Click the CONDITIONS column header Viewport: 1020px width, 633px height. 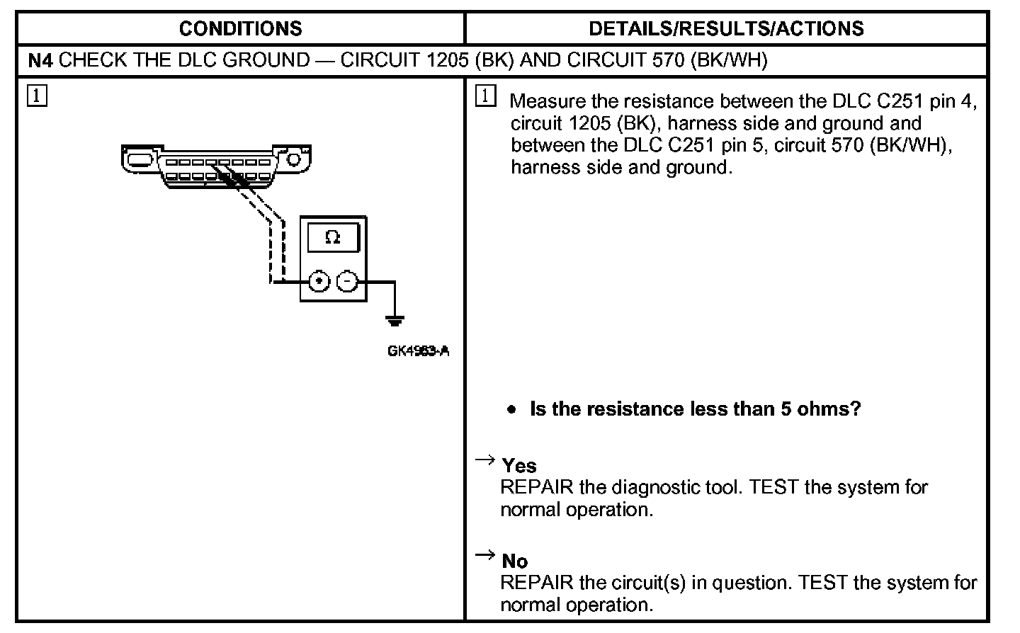(240, 29)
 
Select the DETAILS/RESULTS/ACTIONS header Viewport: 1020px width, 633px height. (726, 29)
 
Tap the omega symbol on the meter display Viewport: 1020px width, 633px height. (332, 238)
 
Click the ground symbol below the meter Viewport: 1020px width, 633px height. (395, 321)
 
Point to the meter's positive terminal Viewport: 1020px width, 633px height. (319, 282)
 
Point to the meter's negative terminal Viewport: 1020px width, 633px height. (346, 282)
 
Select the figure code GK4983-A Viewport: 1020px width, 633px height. (418, 350)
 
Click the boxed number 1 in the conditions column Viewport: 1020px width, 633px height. (38, 95)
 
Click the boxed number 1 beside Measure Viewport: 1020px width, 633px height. (485, 96)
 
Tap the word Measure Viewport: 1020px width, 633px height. (547, 102)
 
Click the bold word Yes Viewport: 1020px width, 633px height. (519, 466)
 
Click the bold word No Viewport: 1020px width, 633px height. (515, 561)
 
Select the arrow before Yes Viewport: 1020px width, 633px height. (484, 461)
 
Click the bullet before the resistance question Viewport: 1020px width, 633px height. (512, 410)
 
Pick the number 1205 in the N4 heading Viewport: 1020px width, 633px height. (446, 61)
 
